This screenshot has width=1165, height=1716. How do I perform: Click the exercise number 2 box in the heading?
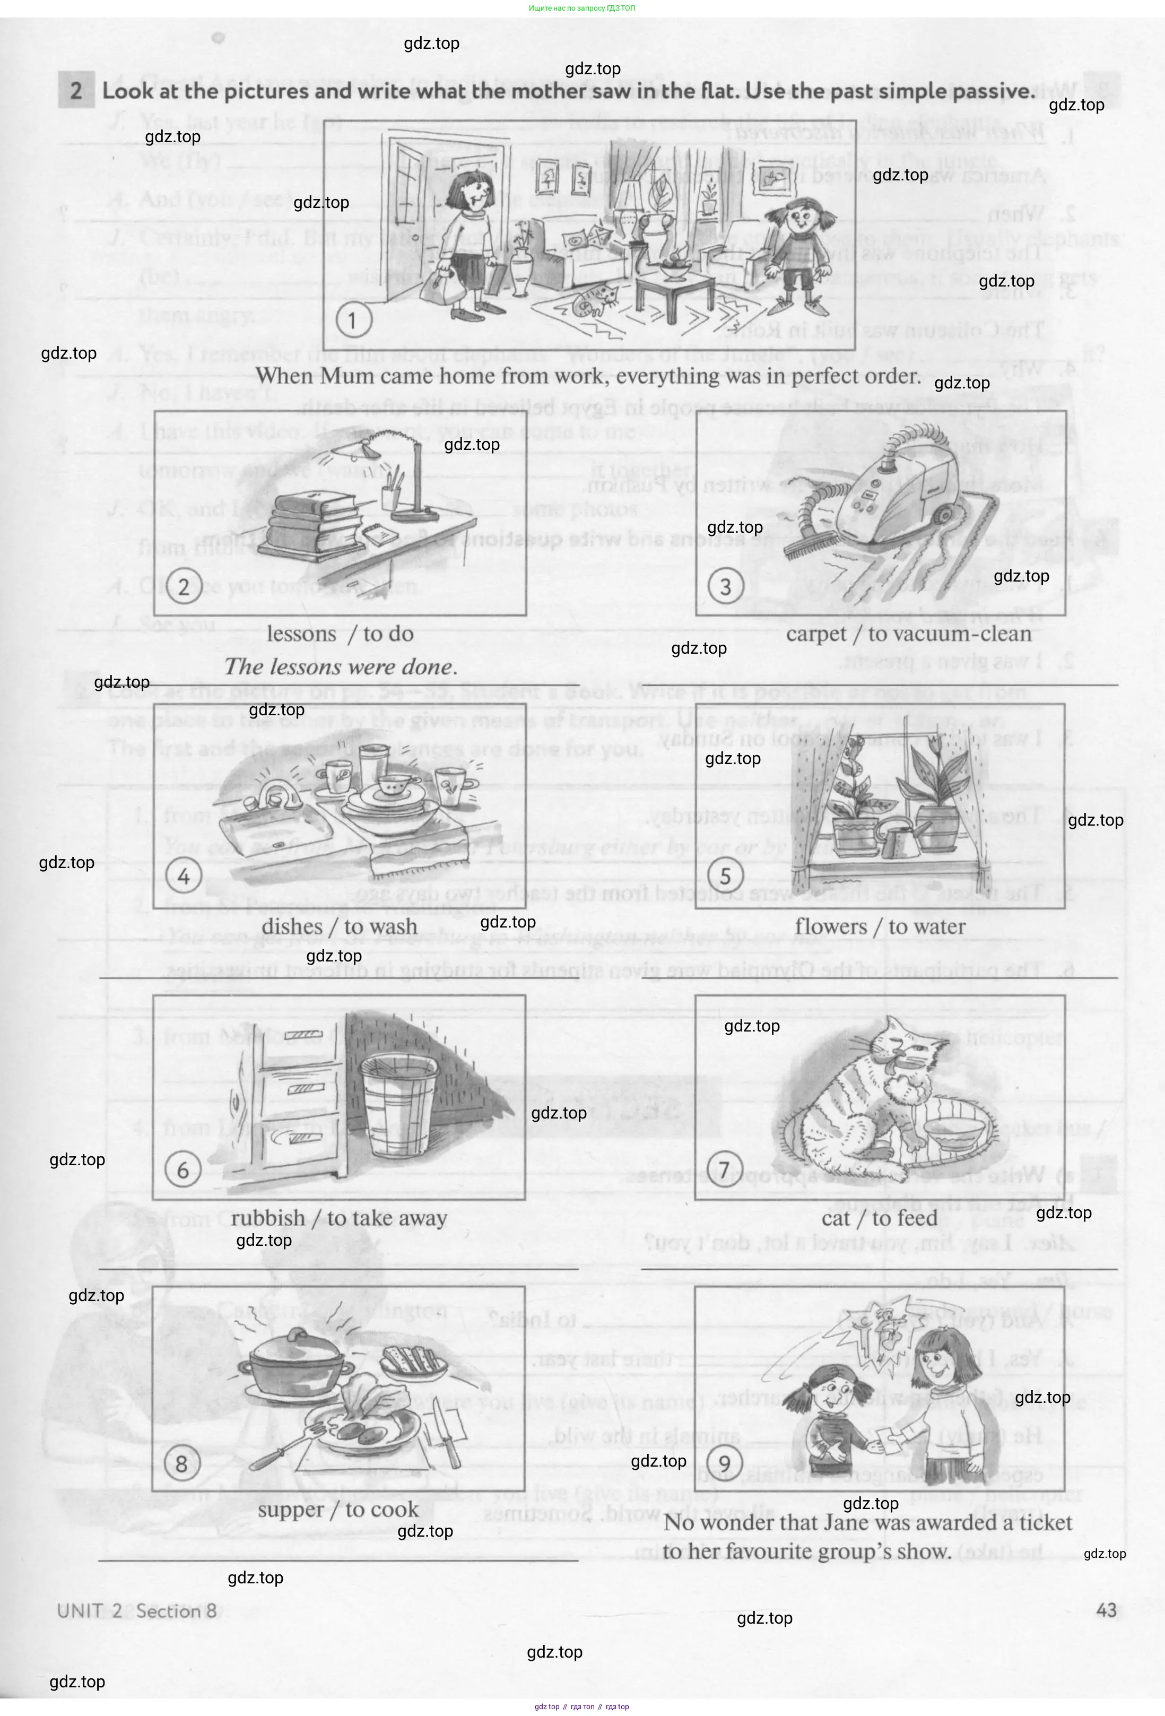pyautogui.click(x=76, y=91)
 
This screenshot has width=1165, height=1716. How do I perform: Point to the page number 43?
pyautogui.click(x=1106, y=1610)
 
